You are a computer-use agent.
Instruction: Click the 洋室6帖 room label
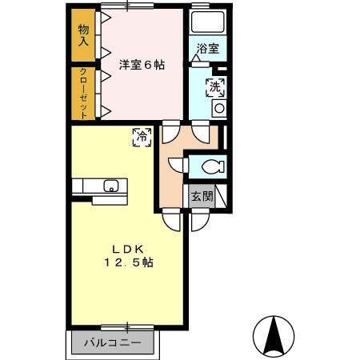[x=142, y=66]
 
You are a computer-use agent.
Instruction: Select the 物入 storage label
[x=83, y=35]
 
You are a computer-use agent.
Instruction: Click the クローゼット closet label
[x=83, y=93]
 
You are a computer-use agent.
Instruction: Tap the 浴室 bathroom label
[x=207, y=49]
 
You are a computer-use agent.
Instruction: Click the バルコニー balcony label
[x=114, y=342]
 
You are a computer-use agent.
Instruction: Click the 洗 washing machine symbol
[x=216, y=87]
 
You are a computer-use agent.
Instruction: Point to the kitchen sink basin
[x=110, y=187]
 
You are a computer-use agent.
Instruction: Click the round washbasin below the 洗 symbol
[x=218, y=108]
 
